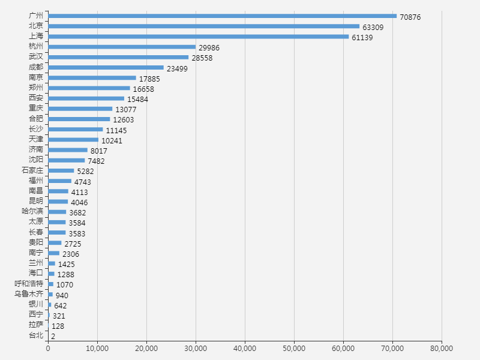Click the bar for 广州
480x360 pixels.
pyautogui.click(x=222, y=16)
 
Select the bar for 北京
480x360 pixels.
pyautogui.click(x=203, y=26)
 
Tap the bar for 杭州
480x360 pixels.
pyautogui.click(x=122, y=47)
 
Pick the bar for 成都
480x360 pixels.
pyautogui.click(x=106, y=67)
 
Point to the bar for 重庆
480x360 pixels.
pyautogui.click(x=80, y=109)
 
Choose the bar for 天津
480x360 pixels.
pyautogui.click(x=73, y=140)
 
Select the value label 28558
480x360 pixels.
pyautogui.click(x=202, y=58)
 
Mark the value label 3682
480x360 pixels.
pyautogui.click(x=79, y=212)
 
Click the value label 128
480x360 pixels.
pyautogui.click(x=58, y=326)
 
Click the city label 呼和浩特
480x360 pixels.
pyautogui.click(x=29, y=283)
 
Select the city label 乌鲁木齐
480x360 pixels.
pyautogui.click(x=29, y=294)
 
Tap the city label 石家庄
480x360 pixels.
pyautogui.click(x=32, y=170)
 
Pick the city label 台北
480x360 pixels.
pyautogui.click(x=36, y=335)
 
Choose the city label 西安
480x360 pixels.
pyautogui.click(x=36, y=98)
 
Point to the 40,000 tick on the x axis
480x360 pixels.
pyautogui.click(x=245, y=348)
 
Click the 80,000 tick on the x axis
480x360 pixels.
pyautogui.click(x=442, y=348)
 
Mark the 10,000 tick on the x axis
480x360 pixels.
pyautogui.click(x=97, y=348)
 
